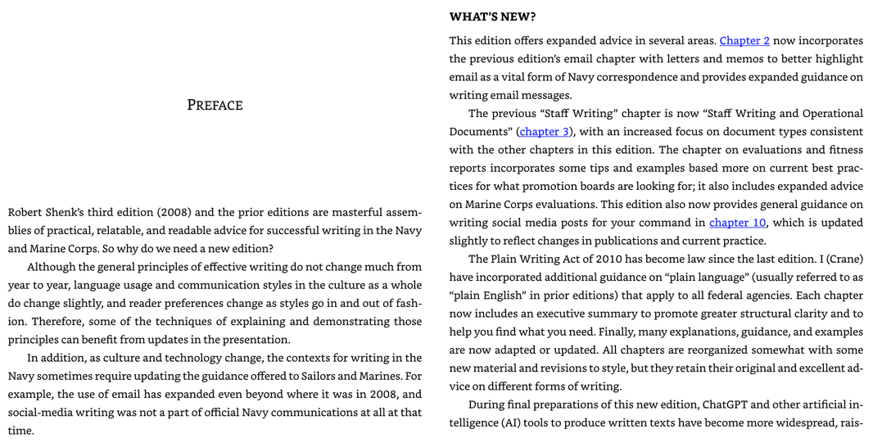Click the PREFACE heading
(x=215, y=105)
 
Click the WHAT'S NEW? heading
(x=492, y=16)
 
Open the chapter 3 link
(x=544, y=131)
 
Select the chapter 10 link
(x=737, y=222)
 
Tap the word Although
(x=52, y=267)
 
